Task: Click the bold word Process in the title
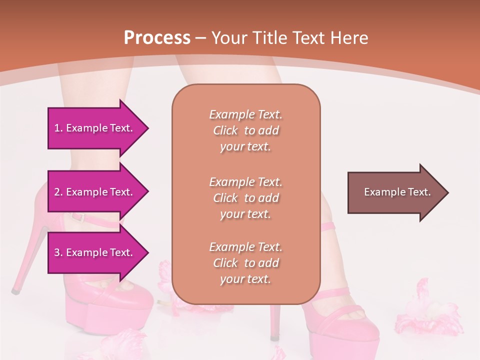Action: pos(157,38)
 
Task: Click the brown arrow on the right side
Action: pos(395,192)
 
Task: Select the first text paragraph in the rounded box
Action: pos(245,130)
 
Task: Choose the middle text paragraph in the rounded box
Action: pos(245,198)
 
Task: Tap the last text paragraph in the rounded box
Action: pos(245,263)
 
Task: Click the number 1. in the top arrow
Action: pos(58,128)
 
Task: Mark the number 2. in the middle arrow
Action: pos(58,192)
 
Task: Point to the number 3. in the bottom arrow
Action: pos(58,252)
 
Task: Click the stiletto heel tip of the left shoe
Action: pos(16,289)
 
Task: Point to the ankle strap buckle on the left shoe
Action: pos(77,217)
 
